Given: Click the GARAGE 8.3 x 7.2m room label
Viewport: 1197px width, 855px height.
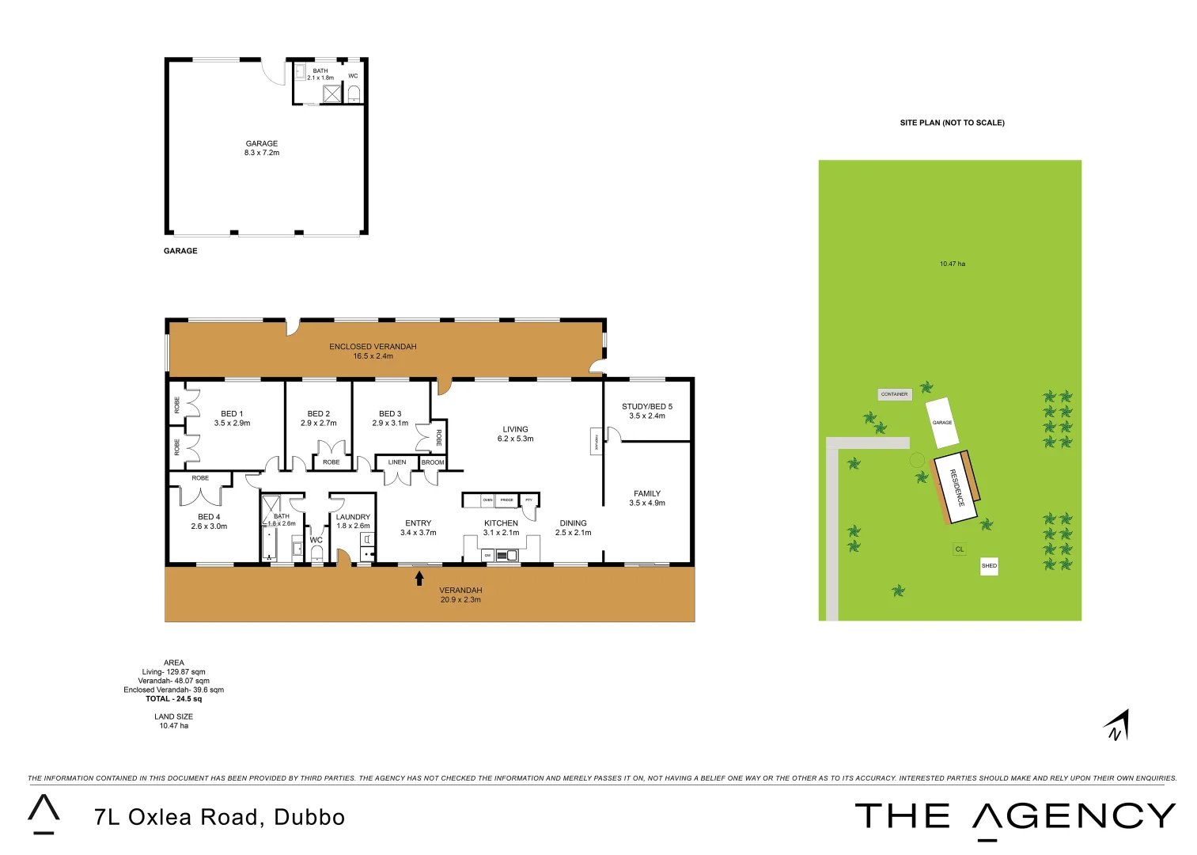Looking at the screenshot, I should point(262,148).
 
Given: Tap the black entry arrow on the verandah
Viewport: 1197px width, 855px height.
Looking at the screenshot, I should point(419,579).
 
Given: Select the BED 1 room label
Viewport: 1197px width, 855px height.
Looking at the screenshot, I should point(232,418).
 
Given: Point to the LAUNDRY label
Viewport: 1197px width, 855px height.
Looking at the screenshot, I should point(353,521).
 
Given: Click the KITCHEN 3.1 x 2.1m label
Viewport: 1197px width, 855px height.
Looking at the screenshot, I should point(501,527).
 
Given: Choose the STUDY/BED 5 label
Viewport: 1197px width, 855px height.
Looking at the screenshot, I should point(647,411).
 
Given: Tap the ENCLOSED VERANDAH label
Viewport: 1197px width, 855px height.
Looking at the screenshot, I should point(373,351).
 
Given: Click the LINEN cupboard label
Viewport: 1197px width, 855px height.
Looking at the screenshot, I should point(397,462).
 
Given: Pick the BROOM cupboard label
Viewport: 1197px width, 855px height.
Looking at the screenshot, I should point(433,462).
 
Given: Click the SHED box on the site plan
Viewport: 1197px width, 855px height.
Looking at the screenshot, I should point(989,566).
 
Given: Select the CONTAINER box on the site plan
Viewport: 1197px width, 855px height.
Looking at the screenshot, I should point(895,394).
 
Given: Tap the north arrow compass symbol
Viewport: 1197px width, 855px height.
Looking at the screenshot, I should point(1117,725).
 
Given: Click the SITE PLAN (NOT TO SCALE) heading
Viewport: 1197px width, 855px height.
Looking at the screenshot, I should point(952,123).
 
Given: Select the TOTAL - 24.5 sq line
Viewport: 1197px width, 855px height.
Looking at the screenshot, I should point(174,699).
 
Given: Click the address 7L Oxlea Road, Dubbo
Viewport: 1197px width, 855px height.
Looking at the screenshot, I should point(220,817).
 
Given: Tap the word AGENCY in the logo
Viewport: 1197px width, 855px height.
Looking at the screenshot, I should point(1074,816).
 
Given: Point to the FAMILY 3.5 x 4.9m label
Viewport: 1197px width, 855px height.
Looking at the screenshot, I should point(647,498).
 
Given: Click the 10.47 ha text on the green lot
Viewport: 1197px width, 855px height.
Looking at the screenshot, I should point(952,264).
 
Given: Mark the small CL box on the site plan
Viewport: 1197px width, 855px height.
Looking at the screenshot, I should point(960,549).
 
